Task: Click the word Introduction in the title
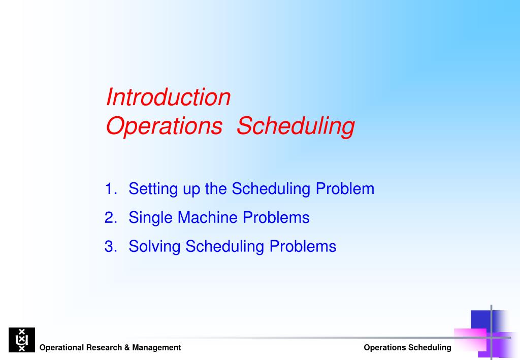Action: pyautogui.click(x=168, y=97)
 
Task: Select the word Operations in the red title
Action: pyautogui.click(x=164, y=126)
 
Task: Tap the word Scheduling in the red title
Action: pyautogui.click(x=296, y=126)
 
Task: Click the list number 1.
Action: pyautogui.click(x=110, y=189)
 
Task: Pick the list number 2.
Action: pyautogui.click(x=110, y=218)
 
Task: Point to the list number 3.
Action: pyautogui.click(x=110, y=247)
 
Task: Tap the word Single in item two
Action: pyautogui.click(x=151, y=218)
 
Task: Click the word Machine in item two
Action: pyautogui.click(x=208, y=218)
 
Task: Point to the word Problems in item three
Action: pyautogui.click(x=303, y=247)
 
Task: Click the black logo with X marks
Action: pyautogui.click(x=22, y=340)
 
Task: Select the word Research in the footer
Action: pyautogui.click(x=104, y=348)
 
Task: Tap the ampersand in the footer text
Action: pyautogui.click(x=126, y=348)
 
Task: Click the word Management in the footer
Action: pyautogui.click(x=156, y=348)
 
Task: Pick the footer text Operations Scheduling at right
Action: pyautogui.click(x=407, y=348)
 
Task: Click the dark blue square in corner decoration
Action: pyautogui.click(x=480, y=320)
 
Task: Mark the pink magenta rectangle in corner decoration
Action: pyautogui.click(x=470, y=340)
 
